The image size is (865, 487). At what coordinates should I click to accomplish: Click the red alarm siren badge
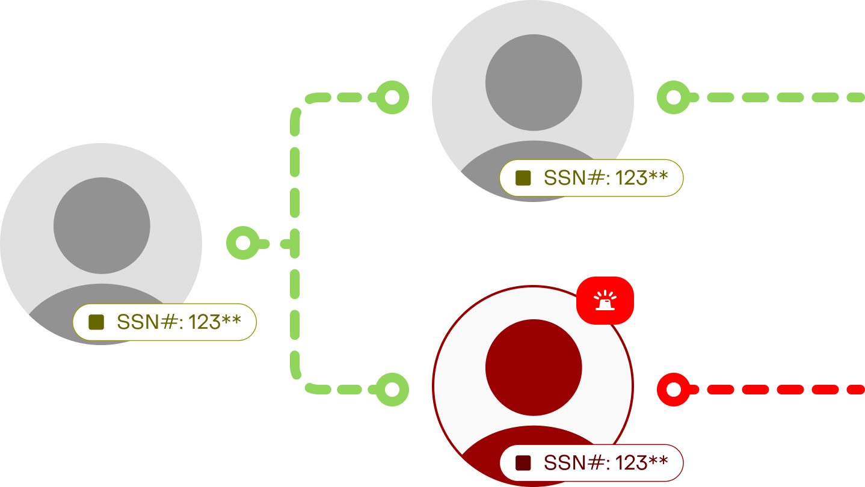point(605,300)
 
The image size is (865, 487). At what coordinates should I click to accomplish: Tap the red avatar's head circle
point(534,367)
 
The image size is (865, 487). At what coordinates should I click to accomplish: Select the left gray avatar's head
point(102,225)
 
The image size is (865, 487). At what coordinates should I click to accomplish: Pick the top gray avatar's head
point(534,82)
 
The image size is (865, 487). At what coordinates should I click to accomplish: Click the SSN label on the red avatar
point(591,463)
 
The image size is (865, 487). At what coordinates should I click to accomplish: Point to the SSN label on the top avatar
point(591,178)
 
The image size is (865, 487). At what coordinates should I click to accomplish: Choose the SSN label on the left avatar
point(164,322)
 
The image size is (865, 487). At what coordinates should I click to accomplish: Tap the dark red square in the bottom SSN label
point(523,463)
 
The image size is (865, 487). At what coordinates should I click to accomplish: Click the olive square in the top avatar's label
point(523,178)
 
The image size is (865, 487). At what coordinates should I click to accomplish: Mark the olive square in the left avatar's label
point(96,322)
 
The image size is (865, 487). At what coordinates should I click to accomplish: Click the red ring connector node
point(673,390)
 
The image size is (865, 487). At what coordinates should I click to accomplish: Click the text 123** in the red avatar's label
point(641,463)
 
